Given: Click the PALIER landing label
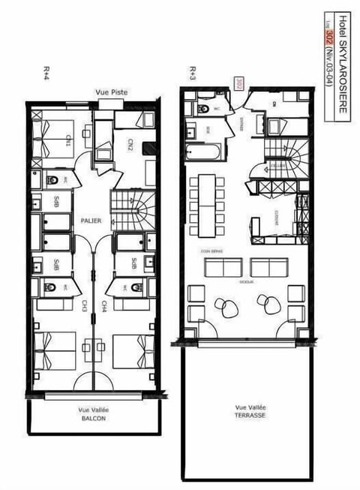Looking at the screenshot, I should click(91, 221).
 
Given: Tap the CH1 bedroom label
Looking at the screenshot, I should click(67, 140).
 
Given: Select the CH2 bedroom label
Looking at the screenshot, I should click(130, 143).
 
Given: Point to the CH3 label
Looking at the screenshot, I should click(85, 306).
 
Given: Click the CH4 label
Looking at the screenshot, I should click(103, 306).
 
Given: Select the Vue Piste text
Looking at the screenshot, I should click(111, 92).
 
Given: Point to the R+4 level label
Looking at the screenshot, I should click(46, 72).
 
